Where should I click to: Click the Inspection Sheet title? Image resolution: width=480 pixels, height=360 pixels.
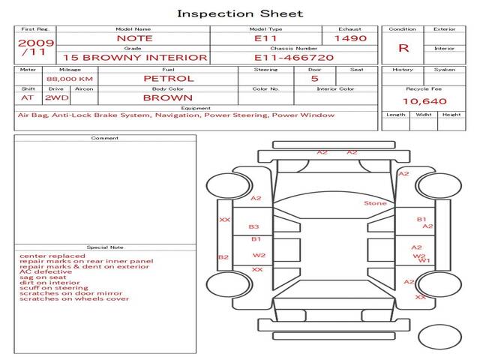[240, 13]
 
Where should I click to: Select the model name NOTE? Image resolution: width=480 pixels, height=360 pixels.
[134, 38]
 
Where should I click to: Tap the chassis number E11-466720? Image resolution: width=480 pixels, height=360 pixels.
[294, 57]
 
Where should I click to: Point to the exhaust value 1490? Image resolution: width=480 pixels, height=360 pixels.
[350, 38]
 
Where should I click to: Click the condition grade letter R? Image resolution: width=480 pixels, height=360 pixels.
[403, 48]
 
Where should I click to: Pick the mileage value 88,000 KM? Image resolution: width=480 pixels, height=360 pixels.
[69, 78]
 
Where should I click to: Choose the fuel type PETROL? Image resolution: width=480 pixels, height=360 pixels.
[168, 78]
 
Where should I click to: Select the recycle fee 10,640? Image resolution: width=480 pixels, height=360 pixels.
[425, 100]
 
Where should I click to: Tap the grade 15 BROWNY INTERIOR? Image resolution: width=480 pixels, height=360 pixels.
[134, 57]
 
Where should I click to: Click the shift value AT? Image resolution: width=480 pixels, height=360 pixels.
[28, 97]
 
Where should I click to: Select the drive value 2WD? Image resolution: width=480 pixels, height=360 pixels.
[53, 97]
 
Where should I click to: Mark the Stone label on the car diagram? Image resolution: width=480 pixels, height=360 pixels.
[375, 203]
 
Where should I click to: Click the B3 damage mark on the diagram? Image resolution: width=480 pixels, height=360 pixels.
[253, 226]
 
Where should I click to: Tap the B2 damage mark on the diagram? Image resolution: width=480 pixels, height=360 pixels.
[223, 257]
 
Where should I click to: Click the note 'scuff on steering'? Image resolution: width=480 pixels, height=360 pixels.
[53, 287]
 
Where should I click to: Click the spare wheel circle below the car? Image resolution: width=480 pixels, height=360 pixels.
[439, 337]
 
